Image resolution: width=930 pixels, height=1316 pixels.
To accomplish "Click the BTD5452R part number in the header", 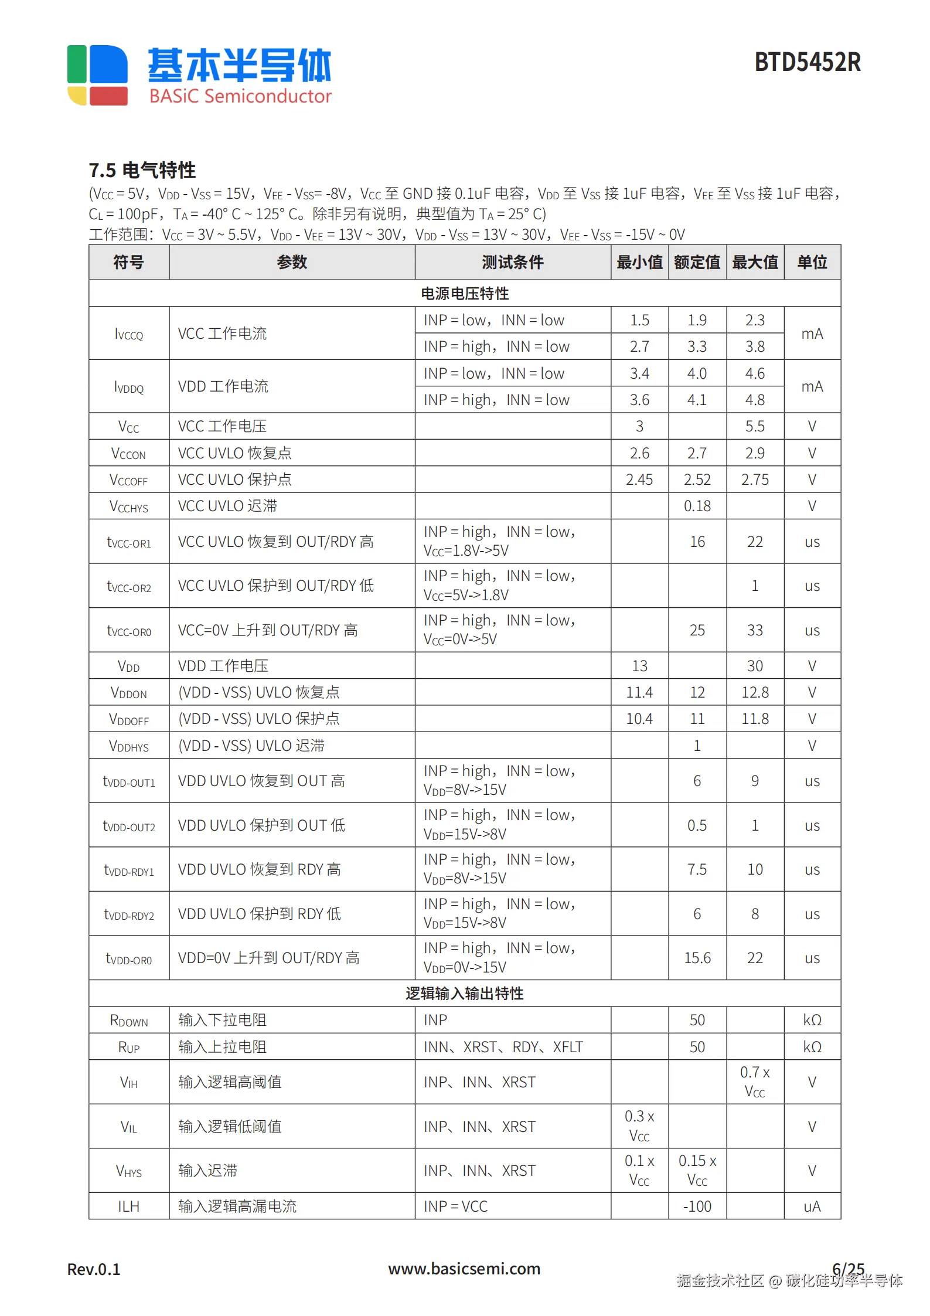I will point(807,62).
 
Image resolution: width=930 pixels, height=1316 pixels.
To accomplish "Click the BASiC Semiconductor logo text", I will point(240,96).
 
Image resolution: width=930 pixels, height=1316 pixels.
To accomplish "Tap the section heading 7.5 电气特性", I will point(142,171).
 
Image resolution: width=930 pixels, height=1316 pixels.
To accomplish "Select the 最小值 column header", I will point(639,262).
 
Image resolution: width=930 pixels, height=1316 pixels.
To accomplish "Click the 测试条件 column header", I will point(512,262).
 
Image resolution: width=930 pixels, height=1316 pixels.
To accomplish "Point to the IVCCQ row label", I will point(129,334).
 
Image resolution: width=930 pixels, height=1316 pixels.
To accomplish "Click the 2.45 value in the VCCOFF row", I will point(639,480).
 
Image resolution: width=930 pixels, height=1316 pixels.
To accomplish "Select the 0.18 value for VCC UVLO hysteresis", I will point(697,506).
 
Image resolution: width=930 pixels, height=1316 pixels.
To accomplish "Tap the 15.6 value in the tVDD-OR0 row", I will point(697,958).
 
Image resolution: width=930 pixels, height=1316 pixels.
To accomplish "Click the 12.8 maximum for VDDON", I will point(754,692).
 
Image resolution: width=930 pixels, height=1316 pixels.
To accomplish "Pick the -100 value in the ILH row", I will point(697,1206).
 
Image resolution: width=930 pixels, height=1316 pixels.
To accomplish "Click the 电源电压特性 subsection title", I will point(465,293).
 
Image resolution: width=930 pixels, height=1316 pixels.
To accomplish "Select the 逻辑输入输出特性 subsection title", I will point(465,993).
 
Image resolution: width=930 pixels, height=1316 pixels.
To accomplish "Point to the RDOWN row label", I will point(129,1021).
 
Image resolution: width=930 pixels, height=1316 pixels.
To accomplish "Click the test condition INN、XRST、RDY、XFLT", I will point(503,1047).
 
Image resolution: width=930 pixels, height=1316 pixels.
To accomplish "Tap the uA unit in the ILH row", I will point(812,1206).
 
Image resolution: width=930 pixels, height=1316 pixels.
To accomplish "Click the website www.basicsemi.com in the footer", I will point(464,1269).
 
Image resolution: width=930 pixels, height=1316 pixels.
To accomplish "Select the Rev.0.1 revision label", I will point(94,1270).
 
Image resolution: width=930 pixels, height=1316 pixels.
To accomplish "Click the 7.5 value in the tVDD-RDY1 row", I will point(697,869).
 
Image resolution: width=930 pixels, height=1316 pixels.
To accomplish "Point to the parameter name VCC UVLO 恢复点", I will point(234,453).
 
